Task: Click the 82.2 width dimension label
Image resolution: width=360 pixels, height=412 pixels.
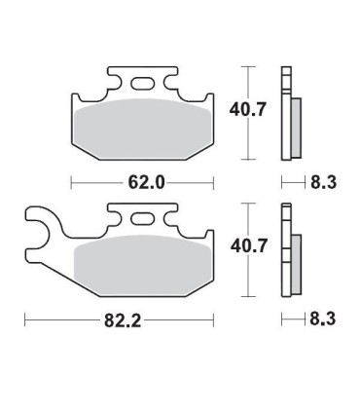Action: [x=123, y=320]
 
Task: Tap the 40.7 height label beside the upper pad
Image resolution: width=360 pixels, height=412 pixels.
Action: [x=247, y=109]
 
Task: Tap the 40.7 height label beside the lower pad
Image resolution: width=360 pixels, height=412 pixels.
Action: [x=248, y=246]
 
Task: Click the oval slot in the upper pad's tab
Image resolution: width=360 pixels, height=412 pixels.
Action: [x=142, y=83]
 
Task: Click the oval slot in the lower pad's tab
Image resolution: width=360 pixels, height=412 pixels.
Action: [x=142, y=219]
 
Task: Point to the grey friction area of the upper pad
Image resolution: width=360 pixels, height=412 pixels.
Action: [x=143, y=130]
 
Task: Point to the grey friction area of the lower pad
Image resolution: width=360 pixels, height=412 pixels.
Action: [x=143, y=266]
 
